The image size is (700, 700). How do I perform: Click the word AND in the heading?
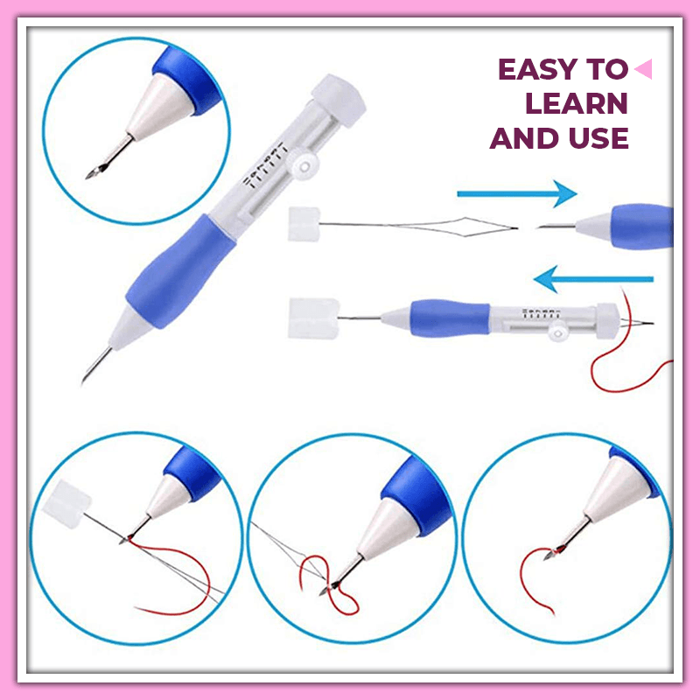tap(523, 137)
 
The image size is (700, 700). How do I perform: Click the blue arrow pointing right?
tap(516, 195)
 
